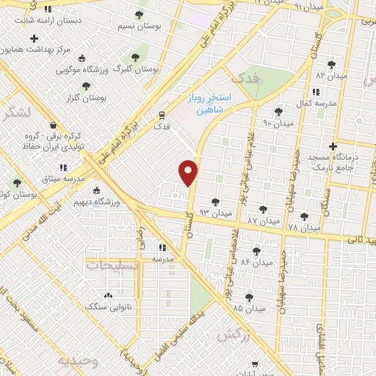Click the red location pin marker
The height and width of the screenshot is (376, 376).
189,173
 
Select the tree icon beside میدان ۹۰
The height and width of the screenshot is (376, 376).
278,112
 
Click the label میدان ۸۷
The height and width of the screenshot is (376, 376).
264,220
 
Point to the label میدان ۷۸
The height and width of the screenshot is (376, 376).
304,228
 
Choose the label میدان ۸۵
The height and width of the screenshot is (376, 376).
249,308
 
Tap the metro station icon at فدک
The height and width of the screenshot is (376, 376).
162,115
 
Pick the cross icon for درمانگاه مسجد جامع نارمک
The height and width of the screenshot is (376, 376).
333,147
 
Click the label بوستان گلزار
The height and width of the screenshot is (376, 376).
87,97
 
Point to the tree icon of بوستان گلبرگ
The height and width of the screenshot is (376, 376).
134,57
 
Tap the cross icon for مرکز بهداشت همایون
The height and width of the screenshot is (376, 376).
34,38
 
